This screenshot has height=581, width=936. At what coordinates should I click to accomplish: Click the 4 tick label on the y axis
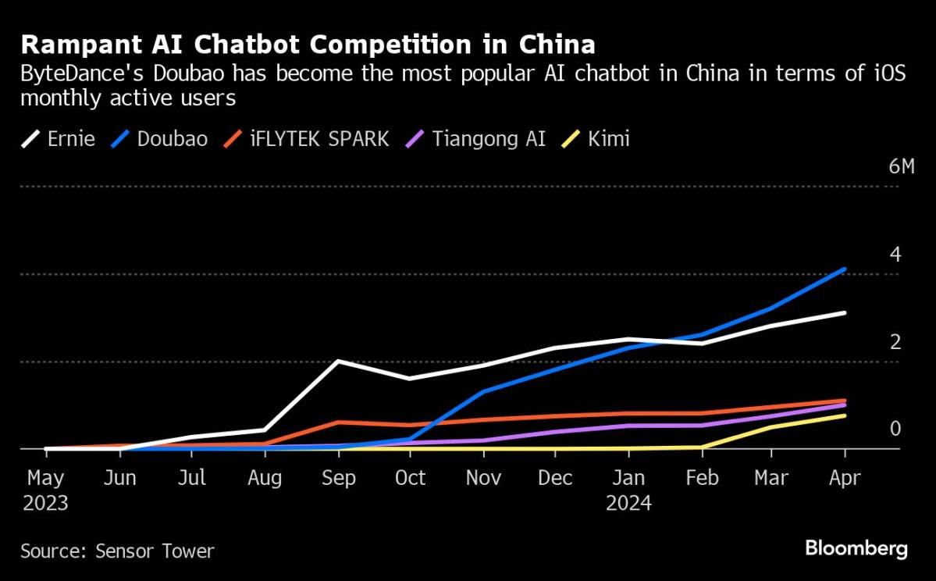point(895,255)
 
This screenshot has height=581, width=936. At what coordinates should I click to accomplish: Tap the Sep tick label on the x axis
point(337,477)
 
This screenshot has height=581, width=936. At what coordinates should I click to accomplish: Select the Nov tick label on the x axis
point(483,477)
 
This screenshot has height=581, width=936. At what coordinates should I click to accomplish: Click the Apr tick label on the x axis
point(844,477)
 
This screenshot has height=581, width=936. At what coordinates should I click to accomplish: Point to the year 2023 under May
point(47,504)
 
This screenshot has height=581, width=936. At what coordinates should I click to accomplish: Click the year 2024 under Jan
point(629,504)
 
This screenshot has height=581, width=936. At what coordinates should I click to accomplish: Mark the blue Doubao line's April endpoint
point(844,269)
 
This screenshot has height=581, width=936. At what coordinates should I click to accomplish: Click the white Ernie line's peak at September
point(337,361)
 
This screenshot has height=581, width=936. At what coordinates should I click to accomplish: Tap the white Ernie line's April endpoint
point(844,313)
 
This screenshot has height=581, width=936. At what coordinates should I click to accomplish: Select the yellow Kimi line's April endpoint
point(844,415)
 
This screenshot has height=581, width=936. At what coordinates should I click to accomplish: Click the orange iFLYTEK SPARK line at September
point(337,422)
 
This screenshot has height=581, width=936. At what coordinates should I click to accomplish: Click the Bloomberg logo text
point(856,549)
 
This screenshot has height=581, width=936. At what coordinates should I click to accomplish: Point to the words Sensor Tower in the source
point(155,551)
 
